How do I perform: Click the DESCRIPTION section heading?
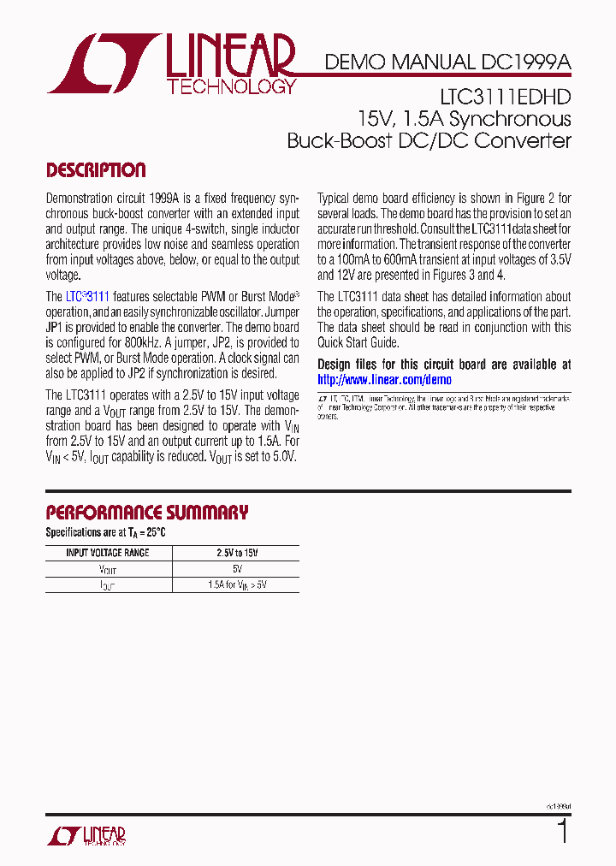tap(95, 170)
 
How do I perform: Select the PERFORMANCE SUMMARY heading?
tap(146, 513)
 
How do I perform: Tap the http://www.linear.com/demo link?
tap(384, 380)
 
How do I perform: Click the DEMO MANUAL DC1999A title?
tap(447, 62)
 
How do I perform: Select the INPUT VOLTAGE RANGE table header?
tap(108, 553)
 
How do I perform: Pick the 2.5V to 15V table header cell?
tap(235, 553)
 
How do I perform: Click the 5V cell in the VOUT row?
tap(235, 569)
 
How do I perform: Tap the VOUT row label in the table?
tap(108, 569)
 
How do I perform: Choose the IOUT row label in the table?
tap(108, 585)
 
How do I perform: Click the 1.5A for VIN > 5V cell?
tap(235, 585)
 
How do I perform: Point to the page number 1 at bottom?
tap(562, 832)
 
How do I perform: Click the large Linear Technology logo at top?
tap(171, 64)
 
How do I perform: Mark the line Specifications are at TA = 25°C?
tap(105, 532)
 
